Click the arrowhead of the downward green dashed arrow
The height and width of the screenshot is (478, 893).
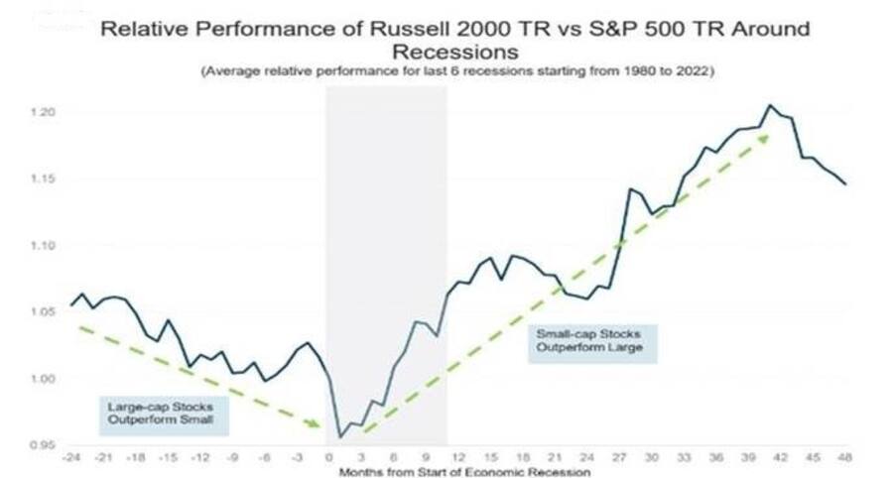tap(319, 426)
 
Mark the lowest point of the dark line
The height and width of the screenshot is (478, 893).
tap(339, 436)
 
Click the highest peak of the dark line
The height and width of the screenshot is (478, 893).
tap(768, 104)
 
